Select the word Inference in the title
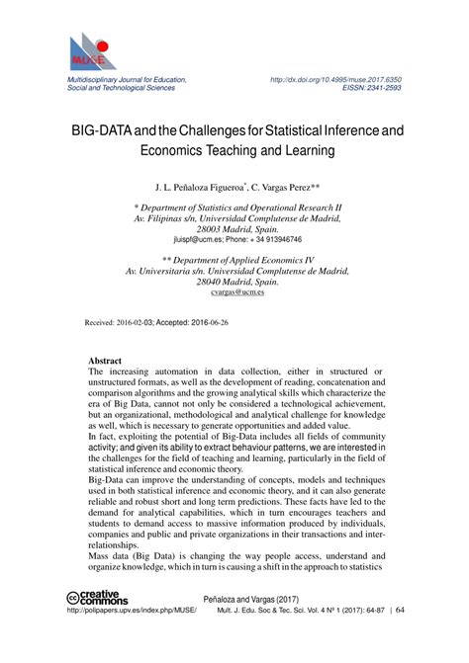click(336, 128)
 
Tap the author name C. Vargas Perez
click(294, 186)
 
